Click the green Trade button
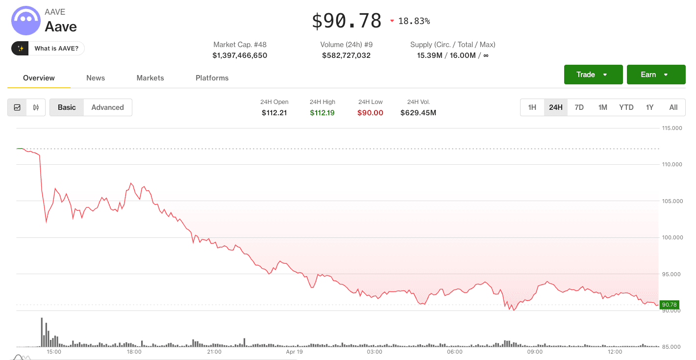pos(593,75)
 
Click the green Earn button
pos(656,75)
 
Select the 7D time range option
pos(579,107)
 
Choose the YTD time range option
pos(626,107)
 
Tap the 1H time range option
pos(532,107)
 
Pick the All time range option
pos(673,107)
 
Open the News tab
pos(96,78)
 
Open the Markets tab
pos(150,78)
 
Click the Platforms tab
pos(212,78)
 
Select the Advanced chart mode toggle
pos(107,107)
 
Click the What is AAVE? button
pos(56,49)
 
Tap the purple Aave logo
pos(26,21)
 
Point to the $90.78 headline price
pos(347,21)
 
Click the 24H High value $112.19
pos(322,113)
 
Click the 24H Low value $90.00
pos(370,113)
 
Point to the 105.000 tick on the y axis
pos(672,201)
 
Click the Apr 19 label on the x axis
pos(294,352)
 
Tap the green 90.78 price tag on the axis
pos(669,305)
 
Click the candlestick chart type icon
pos(36,107)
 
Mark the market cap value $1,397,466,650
pos(240,55)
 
